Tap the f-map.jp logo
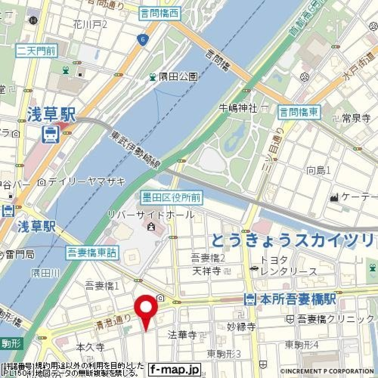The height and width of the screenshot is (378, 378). pos(175,370)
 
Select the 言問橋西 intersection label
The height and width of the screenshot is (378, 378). pos(159,14)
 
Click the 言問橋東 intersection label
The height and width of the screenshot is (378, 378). pos(300,112)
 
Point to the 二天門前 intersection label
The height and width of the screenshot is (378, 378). pos(36,50)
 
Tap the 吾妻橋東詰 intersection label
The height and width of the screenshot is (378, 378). pos(92,252)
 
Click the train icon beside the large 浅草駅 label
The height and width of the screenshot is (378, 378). pos(51,134)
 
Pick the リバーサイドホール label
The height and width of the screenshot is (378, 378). pos(151,215)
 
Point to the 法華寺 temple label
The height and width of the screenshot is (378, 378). pos(182,335)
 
